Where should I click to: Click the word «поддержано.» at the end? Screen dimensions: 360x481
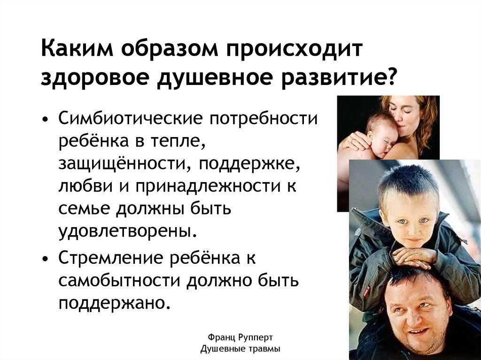point(114,303)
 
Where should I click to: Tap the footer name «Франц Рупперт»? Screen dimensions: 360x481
point(240,337)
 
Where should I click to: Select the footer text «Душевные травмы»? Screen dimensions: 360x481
point(240,349)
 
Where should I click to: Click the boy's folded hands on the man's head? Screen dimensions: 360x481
point(414,256)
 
